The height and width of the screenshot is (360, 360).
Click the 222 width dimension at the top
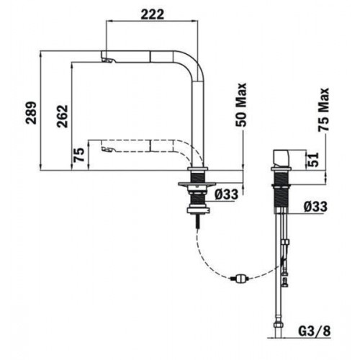click(152, 14)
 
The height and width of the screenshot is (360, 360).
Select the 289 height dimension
click(32, 113)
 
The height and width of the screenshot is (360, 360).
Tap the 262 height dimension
click(63, 116)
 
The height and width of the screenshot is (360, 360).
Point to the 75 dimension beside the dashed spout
click(79, 155)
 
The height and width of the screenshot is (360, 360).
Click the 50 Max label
click(241, 104)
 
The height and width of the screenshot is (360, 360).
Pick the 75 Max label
click(323, 109)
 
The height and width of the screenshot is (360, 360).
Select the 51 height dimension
click(313, 160)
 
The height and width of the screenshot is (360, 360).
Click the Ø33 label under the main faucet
click(227, 194)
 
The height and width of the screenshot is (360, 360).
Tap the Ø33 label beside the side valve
click(315, 207)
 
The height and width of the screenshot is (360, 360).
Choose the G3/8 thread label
click(315, 331)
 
